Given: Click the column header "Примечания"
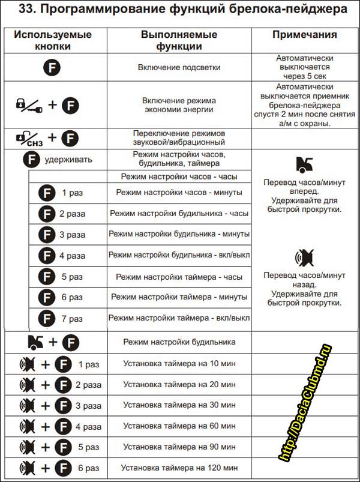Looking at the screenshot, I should click(304, 34).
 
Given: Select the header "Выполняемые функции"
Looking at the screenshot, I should click(179, 40).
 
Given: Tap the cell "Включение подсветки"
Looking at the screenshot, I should click(179, 68).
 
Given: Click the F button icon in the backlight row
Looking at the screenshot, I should click(52, 68).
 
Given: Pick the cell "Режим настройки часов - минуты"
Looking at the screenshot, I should click(179, 192).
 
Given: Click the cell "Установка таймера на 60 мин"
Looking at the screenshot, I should click(179, 426).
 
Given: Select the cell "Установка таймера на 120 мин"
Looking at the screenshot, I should click(179, 467).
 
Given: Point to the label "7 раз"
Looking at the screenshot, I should click(72, 318).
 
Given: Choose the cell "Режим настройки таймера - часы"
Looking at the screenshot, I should click(179, 277).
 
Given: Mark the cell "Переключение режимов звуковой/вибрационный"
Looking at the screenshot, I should click(179, 138).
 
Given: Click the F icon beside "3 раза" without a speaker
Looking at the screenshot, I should click(46, 235).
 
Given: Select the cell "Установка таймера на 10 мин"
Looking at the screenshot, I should click(179, 364).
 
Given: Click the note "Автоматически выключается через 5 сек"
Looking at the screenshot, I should click(304, 68).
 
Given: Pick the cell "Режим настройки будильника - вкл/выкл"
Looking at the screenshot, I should click(179, 255).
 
